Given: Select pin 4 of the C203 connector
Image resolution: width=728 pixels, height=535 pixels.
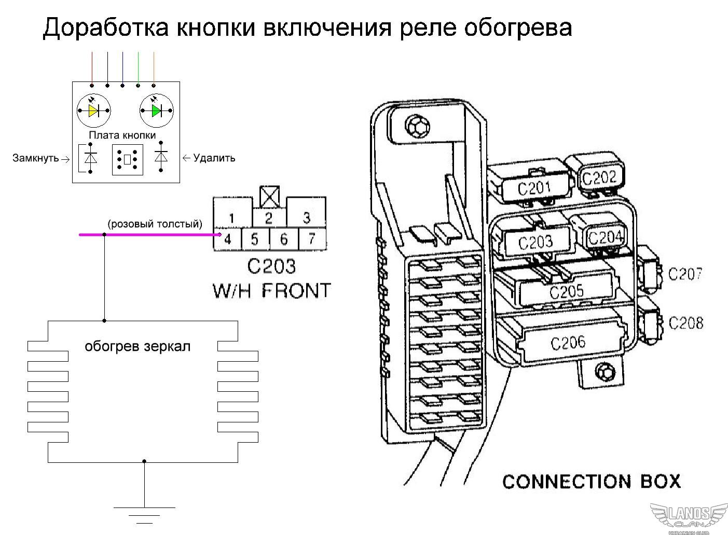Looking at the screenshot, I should coord(228,239).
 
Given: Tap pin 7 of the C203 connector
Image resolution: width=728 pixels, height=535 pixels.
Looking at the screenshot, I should coord(311,239).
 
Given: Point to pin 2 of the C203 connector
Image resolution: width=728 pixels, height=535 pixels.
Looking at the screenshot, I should coord(268,218).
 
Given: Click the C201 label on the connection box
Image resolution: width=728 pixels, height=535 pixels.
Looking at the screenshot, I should coord(534,188).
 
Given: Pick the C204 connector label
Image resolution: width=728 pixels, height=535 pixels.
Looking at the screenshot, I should coord(605,238).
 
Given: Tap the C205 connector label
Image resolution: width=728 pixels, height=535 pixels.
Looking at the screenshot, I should coord(566,292).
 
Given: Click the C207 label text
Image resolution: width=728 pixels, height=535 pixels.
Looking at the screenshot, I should coord(685,273).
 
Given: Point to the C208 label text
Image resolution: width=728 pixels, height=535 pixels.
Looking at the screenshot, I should coord(685,323).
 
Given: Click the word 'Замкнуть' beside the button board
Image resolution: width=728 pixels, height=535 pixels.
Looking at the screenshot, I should coord(36,158).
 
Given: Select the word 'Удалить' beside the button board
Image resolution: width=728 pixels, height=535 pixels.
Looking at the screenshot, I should coord(214,158).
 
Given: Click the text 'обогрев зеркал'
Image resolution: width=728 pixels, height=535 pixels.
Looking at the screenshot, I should coord(138,346).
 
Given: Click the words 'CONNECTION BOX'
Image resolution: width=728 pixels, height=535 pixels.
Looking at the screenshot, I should coord(591,482).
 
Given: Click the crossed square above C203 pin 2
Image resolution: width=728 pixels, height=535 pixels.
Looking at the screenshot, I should coord(269,196).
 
